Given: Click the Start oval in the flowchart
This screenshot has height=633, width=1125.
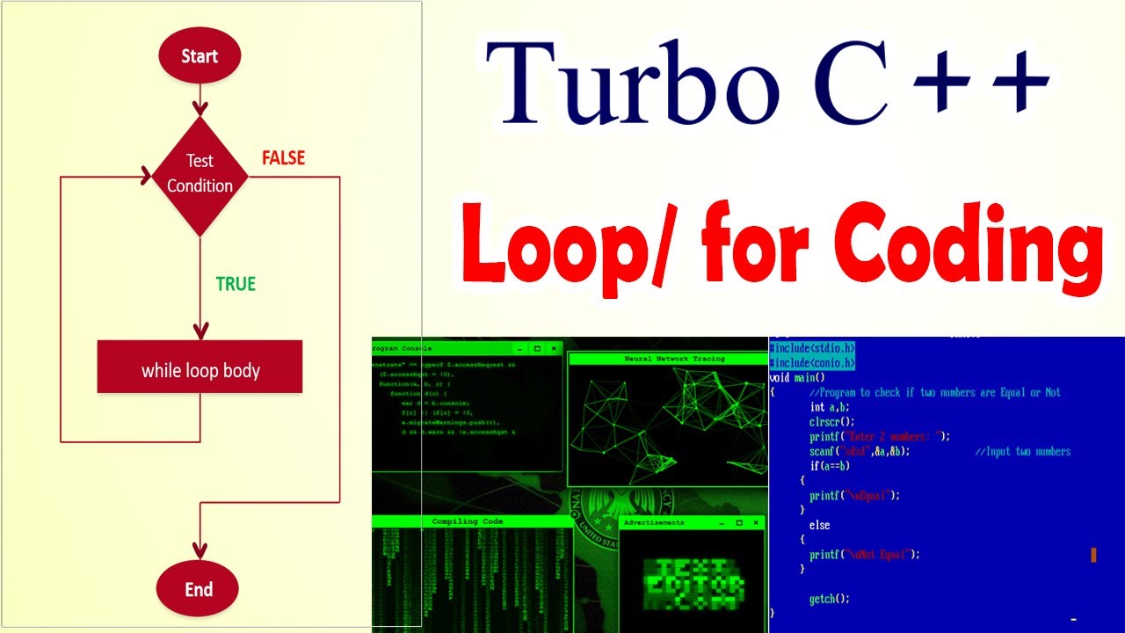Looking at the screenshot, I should pos(200,56).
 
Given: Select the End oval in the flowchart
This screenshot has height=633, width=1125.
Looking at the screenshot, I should pos(199,589).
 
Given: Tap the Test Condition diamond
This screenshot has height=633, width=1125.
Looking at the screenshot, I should pos(200,173).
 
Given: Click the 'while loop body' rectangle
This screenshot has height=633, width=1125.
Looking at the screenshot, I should pos(200,370).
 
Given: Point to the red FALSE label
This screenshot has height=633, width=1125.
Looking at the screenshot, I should pos(283,158).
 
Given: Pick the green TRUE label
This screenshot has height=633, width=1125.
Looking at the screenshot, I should pos(236,284).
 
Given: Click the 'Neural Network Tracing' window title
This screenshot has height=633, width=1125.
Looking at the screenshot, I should pos(674,359).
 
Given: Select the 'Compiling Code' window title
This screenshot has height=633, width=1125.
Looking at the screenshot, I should pos(467,521).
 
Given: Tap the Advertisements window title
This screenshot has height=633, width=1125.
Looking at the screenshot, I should pos(654,522).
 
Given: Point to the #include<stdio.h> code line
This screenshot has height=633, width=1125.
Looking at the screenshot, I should pos(812,348).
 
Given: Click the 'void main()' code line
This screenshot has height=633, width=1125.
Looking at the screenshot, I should pos(797,378).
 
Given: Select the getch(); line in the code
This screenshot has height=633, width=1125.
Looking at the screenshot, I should pos(830,599).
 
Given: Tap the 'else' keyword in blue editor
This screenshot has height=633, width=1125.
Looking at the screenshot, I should pos(819,525).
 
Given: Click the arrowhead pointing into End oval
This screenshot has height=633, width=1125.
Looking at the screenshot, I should pos(200,551).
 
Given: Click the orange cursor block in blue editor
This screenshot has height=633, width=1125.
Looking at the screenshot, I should pos(1093,555).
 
